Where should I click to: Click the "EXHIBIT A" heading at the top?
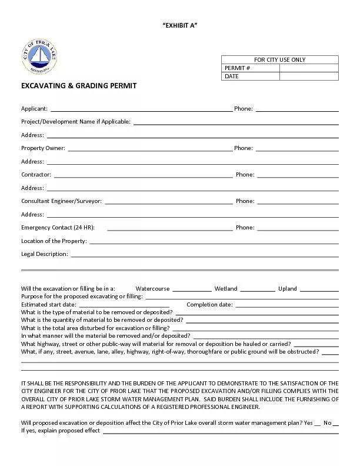(179, 24)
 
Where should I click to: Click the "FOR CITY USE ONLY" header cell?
(279, 59)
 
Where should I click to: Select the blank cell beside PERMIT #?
(309, 68)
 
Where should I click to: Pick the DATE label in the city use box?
(232, 76)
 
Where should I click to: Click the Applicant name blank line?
(141, 109)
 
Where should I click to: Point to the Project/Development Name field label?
(76, 122)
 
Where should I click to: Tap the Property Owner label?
(43, 148)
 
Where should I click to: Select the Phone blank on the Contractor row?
(298, 175)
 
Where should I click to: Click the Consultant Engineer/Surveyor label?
(61, 201)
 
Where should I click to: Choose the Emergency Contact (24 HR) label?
(58, 228)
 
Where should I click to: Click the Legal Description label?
(45, 254)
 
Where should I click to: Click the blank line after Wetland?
(257, 289)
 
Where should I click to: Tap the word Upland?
(288, 289)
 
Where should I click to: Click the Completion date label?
(209, 305)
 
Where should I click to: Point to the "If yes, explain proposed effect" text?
(61, 431)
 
